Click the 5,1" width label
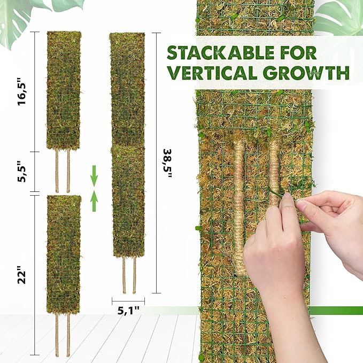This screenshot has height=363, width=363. point(128,309)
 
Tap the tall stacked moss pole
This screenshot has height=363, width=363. point(127,144)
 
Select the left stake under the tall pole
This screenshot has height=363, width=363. point(124,275)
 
